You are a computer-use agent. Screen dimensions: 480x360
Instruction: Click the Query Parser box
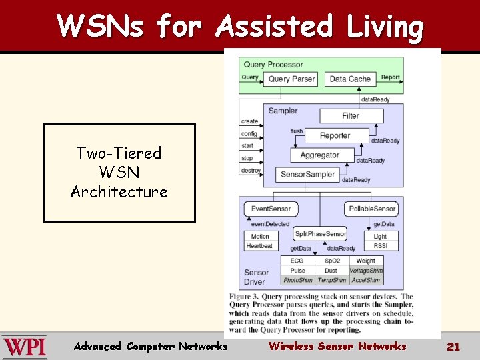(x=291, y=79)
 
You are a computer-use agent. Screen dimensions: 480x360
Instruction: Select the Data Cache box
(x=350, y=79)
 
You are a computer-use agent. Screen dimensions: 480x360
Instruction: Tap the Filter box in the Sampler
(x=351, y=115)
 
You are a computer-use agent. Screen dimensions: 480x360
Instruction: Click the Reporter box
(x=335, y=135)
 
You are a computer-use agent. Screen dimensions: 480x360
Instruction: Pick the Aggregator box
(x=319, y=155)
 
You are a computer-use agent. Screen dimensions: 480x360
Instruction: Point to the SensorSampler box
(x=307, y=175)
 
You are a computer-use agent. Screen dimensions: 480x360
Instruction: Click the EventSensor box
(x=271, y=209)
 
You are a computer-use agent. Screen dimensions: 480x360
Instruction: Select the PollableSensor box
(x=373, y=209)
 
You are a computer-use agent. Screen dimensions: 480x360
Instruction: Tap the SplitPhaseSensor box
(x=320, y=233)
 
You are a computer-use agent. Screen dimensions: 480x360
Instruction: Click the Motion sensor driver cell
(x=260, y=237)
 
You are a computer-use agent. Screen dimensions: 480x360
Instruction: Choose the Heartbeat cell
(x=260, y=246)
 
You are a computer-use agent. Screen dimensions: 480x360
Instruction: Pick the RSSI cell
(x=380, y=246)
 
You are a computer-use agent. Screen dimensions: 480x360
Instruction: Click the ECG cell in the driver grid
(x=297, y=261)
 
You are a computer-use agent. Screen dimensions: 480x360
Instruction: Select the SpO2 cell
(x=331, y=261)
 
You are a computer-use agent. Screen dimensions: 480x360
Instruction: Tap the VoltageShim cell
(x=366, y=271)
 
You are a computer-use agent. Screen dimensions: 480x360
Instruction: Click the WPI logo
(x=25, y=347)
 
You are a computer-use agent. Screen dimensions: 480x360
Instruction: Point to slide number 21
(x=453, y=347)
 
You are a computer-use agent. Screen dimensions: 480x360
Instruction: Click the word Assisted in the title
(x=274, y=27)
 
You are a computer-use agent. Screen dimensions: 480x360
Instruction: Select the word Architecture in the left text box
(x=119, y=192)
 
